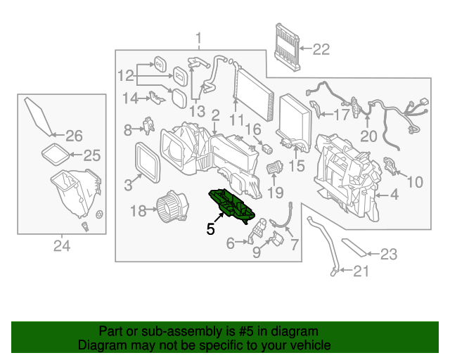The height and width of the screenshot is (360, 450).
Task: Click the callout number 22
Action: (x=320, y=49)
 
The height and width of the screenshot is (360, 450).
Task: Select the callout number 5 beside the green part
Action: (x=210, y=228)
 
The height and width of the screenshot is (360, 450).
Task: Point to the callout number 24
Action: (x=62, y=245)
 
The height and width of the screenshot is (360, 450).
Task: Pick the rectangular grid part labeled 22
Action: (x=288, y=46)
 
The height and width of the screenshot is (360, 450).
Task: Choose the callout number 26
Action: (x=74, y=136)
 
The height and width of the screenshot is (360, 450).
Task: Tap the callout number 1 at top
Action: (x=198, y=37)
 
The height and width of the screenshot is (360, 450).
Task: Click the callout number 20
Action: (x=368, y=136)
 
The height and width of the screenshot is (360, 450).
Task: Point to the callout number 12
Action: (x=125, y=75)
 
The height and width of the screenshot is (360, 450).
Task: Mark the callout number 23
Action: (x=389, y=255)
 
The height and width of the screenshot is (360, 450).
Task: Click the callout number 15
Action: (x=297, y=167)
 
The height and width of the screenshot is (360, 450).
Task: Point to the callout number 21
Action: (x=360, y=272)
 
